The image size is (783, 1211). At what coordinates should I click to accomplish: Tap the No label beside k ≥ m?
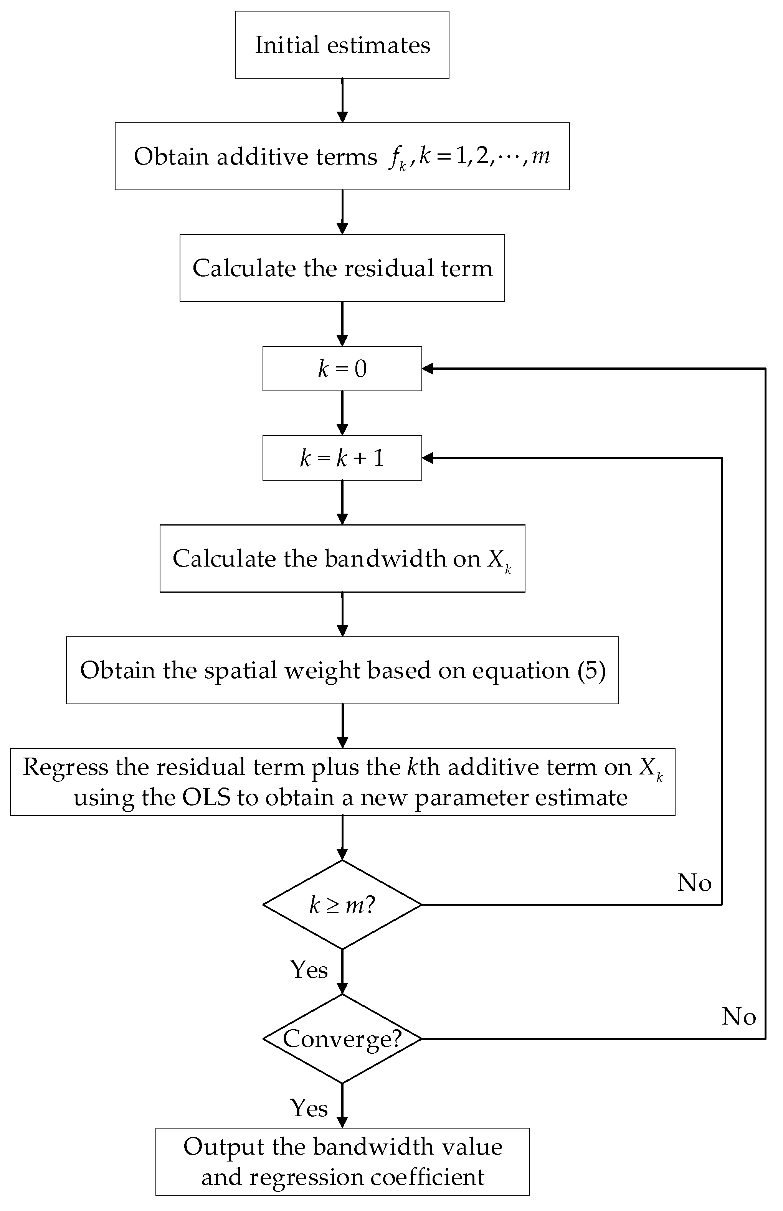point(694,883)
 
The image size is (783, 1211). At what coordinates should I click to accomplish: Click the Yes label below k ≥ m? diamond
point(309,970)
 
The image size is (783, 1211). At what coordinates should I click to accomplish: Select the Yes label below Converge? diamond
point(309,1108)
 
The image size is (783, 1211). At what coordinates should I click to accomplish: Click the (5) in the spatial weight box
point(591,670)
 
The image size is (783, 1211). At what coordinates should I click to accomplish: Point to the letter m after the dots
point(540,155)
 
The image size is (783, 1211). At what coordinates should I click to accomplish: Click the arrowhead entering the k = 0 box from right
point(428,368)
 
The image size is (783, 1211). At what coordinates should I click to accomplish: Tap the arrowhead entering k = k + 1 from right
point(428,458)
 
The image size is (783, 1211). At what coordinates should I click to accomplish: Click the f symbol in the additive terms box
point(395,157)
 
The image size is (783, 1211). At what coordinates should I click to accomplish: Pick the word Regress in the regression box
point(65,767)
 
